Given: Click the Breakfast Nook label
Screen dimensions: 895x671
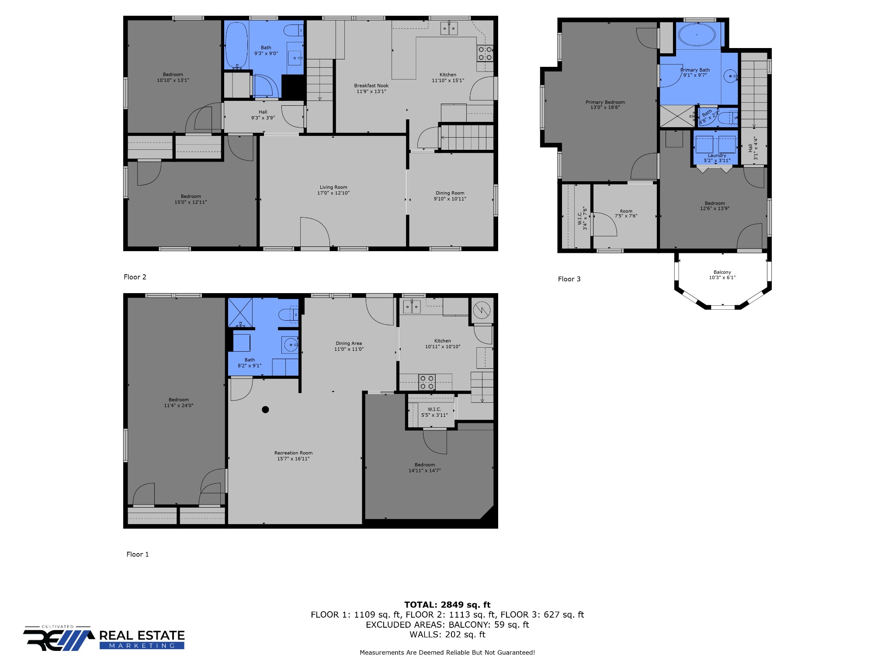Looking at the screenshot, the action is pyautogui.click(x=371, y=86).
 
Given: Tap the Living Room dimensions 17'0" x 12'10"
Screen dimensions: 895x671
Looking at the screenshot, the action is pyautogui.click(x=333, y=193).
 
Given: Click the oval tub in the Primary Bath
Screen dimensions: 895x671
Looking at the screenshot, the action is pyautogui.click(x=697, y=34).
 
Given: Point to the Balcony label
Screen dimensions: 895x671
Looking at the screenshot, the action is pyautogui.click(x=722, y=272).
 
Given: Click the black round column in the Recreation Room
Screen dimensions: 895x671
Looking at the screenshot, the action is pyautogui.click(x=265, y=410).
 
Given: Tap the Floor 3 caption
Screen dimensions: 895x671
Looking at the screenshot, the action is pyautogui.click(x=569, y=279).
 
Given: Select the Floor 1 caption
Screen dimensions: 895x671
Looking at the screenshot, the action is pyautogui.click(x=138, y=554).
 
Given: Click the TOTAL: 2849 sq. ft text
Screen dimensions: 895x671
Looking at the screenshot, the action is pyautogui.click(x=447, y=605).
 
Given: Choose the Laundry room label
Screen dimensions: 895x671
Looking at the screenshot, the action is pyautogui.click(x=717, y=156).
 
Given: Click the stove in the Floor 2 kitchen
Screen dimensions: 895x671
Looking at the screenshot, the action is pyautogui.click(x=485, y=54).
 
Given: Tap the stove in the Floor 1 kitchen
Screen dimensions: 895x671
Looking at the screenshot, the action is pyautogui.click(x=427, y=382).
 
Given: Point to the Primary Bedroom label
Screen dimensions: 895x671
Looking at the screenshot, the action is pyautogui.click(x=605, y=102).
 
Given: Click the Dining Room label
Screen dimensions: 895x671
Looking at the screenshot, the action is pyautogui.click(x=450, y=193).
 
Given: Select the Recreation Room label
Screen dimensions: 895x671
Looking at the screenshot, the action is pyautogui.click(x=294, y=453).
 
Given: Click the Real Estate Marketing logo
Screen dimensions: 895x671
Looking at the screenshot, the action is pyautogui.click(x=104, y=639).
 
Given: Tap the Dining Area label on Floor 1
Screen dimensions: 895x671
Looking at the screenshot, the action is pyautogui.click(x=349, y=343).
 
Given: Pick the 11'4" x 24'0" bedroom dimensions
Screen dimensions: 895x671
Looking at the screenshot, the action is pyautogui.click(x=179, y=405).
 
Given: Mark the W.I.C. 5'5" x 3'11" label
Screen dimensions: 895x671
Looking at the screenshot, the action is pyautogui.click(x=434, y=412).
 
